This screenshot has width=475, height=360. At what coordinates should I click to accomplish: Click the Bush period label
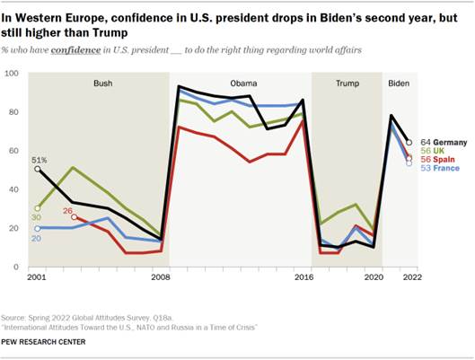click(x=103, y=83)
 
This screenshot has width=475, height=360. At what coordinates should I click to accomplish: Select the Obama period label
click(x=243, y=83)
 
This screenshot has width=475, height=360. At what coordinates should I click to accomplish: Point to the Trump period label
click(x=347, y=83)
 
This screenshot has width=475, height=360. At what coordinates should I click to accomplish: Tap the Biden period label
click(x=399, y=83)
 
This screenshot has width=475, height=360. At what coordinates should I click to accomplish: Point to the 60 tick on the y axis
click(x=14, y=151)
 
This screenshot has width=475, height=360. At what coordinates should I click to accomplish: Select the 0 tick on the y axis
click(x=17, y=268)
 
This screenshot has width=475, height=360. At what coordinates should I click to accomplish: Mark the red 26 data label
click(x=67, y=211)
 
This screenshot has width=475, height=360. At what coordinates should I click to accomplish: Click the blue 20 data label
click(x=37, y=239)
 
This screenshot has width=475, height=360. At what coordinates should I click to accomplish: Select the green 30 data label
click(x=37, y=217)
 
